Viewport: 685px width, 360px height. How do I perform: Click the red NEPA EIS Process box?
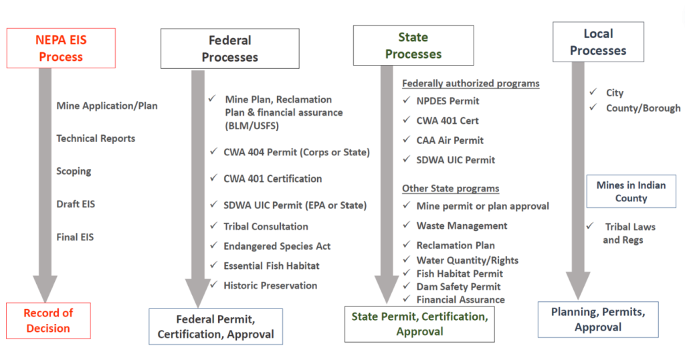[61, 48]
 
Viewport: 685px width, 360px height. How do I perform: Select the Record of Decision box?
[48, 321]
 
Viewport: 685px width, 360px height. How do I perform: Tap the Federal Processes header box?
[230, 48]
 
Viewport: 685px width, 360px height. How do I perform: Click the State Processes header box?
[413, 46]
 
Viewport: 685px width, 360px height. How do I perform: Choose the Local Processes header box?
[598, 42]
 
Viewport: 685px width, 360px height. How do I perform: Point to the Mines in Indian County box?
[631, 191]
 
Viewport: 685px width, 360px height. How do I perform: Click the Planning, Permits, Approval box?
[598, 319]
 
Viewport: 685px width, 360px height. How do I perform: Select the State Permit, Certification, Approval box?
[419, 324]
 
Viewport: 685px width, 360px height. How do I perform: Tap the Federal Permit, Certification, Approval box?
[216, 327]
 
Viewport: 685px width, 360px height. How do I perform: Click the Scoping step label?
[74, 171]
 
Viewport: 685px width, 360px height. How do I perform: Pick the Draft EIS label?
[76, 204]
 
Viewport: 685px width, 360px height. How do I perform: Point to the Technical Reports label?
[96, 139]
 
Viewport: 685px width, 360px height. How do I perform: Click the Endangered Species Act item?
[277, 246]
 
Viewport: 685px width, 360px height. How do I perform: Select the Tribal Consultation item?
[266, 226]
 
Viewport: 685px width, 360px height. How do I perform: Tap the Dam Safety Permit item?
[458, 286]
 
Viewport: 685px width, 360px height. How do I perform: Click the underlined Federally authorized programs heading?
[471, 84]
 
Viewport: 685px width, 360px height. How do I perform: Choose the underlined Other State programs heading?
[450, 188]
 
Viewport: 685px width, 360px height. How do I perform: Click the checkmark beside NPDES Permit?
[406, 100]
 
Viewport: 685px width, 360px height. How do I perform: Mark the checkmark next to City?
[593, 92]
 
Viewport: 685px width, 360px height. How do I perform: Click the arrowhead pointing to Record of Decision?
[45, 288]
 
